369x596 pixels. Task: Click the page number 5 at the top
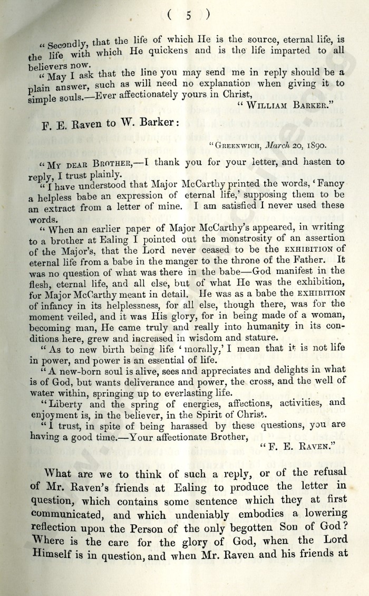coord(188,15)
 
